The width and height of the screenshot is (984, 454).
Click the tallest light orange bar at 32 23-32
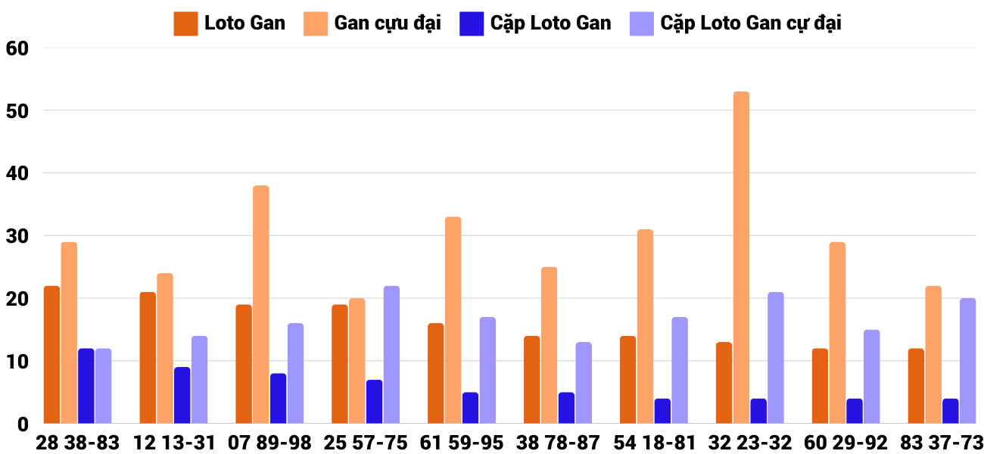click(x=741, y=257)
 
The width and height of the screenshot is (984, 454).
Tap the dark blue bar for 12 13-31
click(x=182, y=395)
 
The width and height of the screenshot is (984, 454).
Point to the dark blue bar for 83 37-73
click(x=950, y=411)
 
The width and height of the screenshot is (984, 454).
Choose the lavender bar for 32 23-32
click(x=776, y=357)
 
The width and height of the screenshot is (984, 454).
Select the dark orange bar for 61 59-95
click(x=435, y=373)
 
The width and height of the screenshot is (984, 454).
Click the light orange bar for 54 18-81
click(x=645, y=326)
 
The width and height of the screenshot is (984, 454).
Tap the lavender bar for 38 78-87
click(x=584, y=382)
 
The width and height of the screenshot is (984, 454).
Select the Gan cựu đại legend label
click(x=388, y=23)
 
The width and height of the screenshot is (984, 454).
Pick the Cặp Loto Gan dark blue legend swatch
click(x=471, y=23)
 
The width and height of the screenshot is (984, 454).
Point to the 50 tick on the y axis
click(x=16, y=110)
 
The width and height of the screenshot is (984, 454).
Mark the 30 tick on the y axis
click(x=16, y=236)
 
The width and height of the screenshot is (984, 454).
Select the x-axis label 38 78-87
click(x=550, y=442)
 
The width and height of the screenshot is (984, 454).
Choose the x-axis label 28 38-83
click(x=78, y=442)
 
